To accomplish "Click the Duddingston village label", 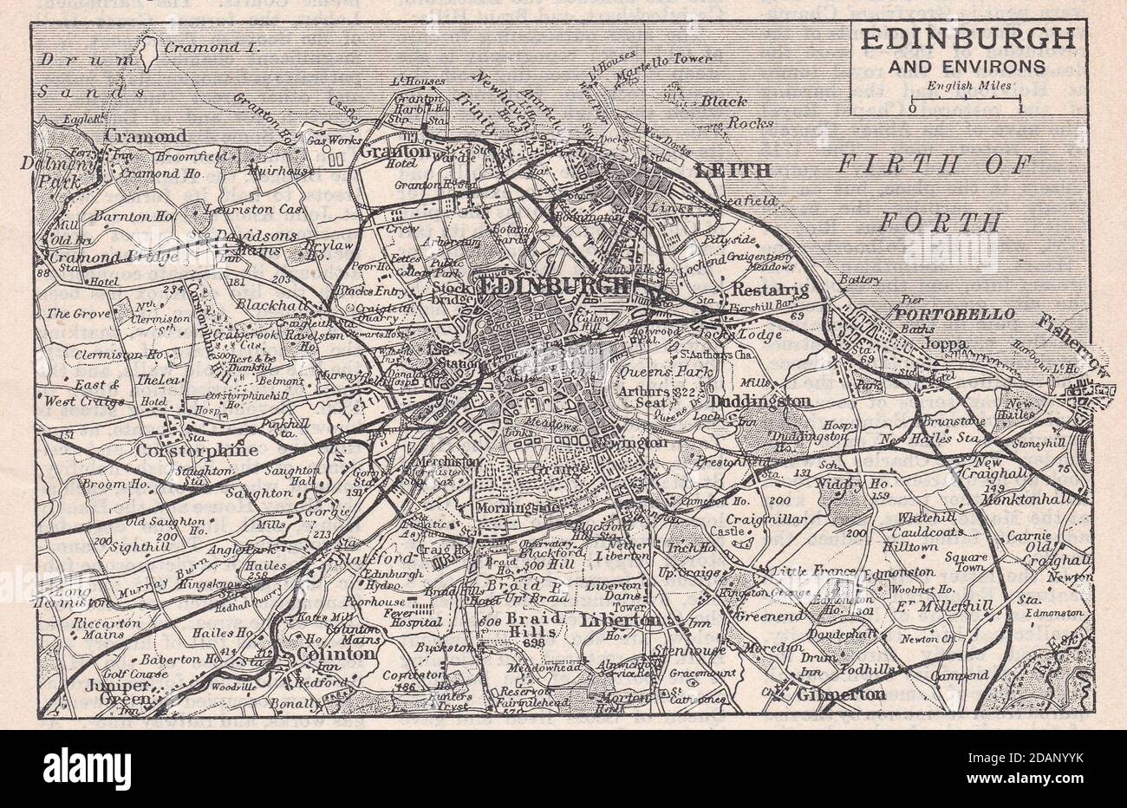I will [760, 401].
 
